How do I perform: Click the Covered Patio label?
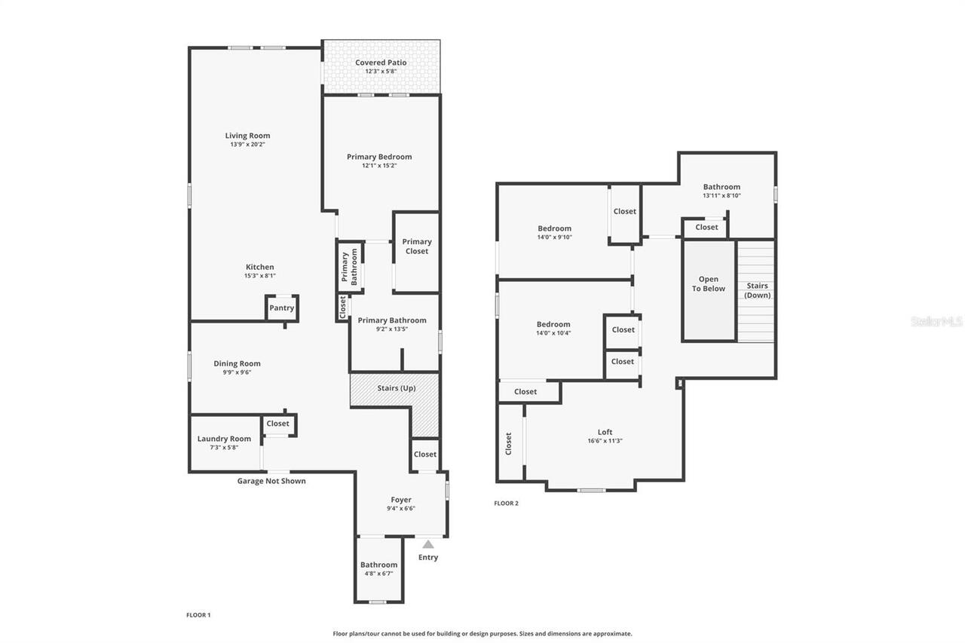(381, 63)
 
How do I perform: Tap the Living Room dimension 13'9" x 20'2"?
(247, 144)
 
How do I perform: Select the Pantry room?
(282, 308)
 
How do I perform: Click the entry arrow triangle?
(428, 544)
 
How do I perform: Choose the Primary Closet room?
(416, 246)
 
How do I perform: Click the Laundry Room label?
(224, 439)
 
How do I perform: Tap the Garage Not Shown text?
(271, 481)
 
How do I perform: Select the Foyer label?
(401, 500)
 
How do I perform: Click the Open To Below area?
(709, 284)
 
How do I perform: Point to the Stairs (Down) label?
(757, 290)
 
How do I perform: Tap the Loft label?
(605, 432)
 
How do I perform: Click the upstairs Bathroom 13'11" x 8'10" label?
(721, 187)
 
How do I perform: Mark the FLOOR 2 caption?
(506, 503)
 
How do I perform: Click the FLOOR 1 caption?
(198, 615)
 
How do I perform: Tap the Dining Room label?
(237, 363)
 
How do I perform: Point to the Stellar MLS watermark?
(936, 321)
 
